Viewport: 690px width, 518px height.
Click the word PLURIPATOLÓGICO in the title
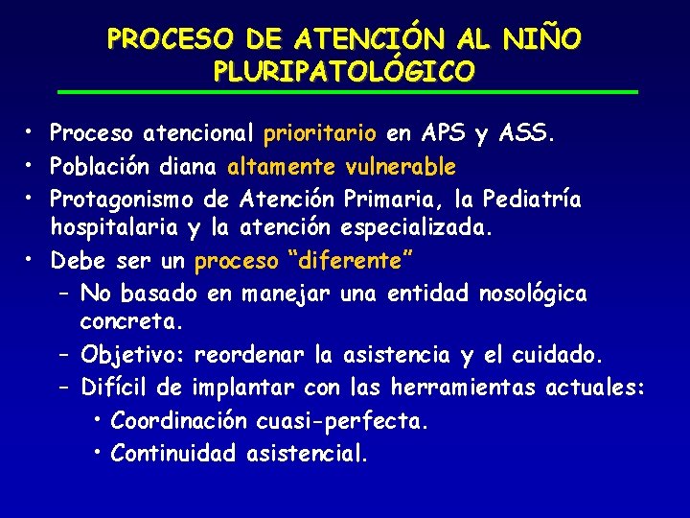[x=344, y=71]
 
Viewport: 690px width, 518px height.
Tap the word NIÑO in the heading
[x=541, y=39]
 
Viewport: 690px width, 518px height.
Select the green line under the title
[x=345, y=92]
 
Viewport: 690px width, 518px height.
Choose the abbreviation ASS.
[x=526, y=132]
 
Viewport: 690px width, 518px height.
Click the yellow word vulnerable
[x=401, y=167]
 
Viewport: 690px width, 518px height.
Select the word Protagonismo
[x=123, y=200]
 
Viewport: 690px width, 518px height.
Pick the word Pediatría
[x=532, y=200]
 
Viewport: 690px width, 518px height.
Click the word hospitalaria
[x=115, y=230]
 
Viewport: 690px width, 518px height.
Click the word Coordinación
[x=181, y=420]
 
